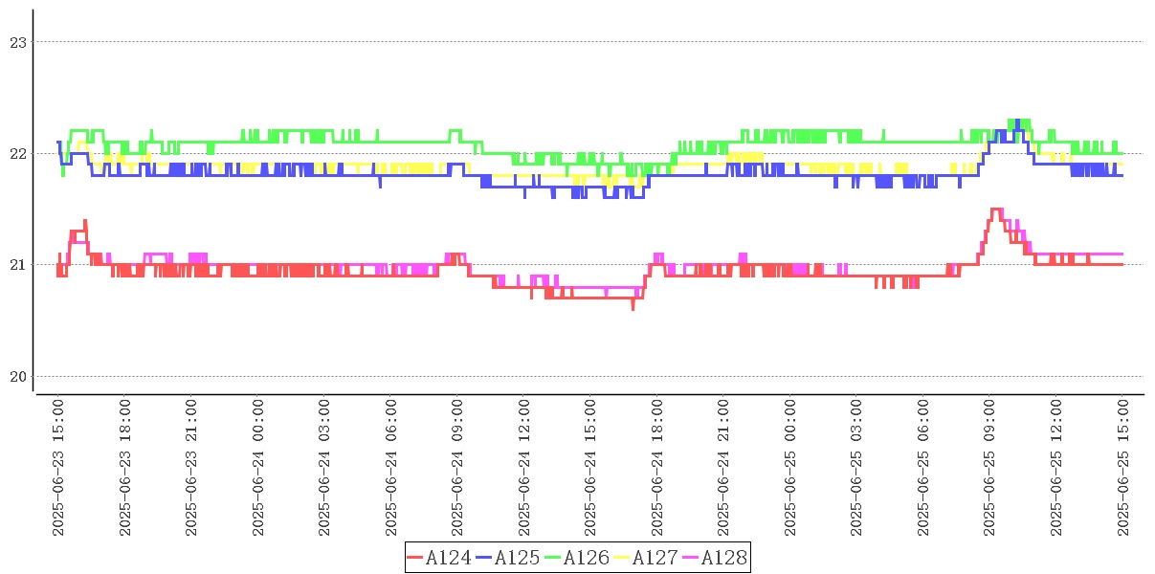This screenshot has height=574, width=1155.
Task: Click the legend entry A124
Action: (x=449, y=558)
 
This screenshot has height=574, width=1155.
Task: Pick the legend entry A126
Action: (x=587, y=558)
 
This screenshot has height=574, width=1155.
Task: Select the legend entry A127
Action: (x=655, y=558)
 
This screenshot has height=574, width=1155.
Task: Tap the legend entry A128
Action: (x=723, y=558)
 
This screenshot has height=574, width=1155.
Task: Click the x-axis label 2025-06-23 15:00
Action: (x=58, y=468)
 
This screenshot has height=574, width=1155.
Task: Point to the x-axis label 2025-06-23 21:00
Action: (x=191, y=468)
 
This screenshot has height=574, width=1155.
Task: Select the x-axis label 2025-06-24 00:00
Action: (x=258, y=468)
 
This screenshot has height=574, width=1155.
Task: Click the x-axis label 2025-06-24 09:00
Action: (x=457, y=468)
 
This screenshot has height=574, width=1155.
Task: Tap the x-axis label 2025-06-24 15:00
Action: (x=590, y=468)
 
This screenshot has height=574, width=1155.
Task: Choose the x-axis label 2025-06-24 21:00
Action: (x=723, y=468)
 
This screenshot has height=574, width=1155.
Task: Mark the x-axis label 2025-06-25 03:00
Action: (x=856, y=468)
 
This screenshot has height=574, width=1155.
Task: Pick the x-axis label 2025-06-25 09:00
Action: (x=989, y=468)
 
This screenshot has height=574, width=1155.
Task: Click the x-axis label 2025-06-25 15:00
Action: (x=1122, y=468)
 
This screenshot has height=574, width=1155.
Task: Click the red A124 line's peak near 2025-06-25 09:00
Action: (x=995, y=209)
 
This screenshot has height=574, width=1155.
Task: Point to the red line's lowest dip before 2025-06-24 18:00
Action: (x=633, y=308)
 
